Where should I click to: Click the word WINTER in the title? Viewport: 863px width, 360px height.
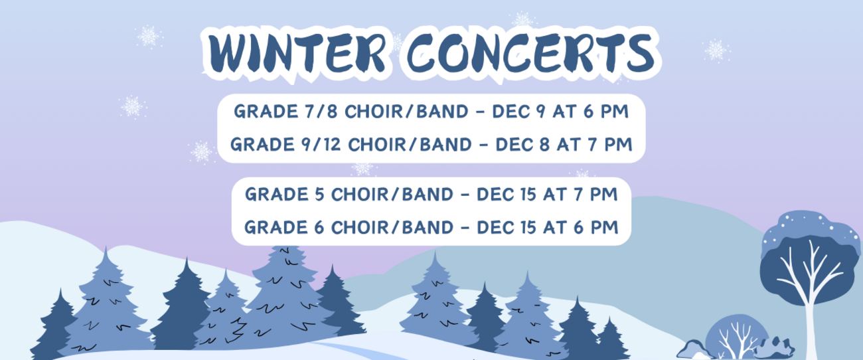297,53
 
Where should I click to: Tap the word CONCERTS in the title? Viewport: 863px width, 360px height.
531,53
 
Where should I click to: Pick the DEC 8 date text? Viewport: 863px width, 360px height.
522,145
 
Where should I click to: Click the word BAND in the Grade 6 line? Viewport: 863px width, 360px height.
428,227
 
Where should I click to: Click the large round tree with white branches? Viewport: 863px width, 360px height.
810,270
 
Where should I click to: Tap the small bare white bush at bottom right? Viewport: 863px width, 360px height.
736,339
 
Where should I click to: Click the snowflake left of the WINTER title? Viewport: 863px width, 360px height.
148,37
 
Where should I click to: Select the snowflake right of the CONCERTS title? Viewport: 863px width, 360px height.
716,50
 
